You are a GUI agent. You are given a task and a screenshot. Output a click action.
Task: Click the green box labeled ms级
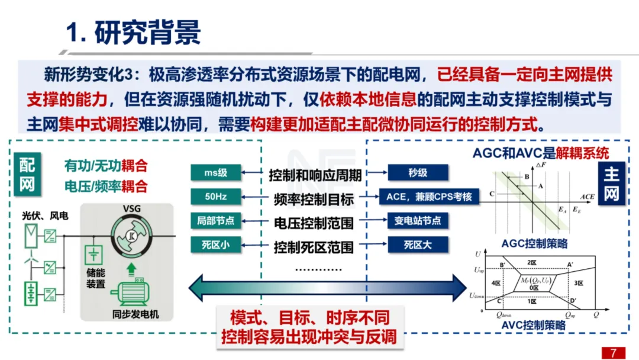point(216,173)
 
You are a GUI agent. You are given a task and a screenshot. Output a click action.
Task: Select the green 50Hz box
point(216,197)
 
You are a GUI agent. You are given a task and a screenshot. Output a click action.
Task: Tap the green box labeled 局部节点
point(216,221)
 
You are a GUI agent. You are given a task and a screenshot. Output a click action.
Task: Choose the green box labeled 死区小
point(216,245)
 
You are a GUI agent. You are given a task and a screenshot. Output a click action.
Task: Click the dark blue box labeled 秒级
point(418,173)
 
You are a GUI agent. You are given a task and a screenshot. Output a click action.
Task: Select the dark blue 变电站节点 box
point(418,221)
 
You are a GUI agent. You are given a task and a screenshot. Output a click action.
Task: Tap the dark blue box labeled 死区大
point(418,245)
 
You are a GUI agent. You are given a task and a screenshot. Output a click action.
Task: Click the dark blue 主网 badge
point(611,184)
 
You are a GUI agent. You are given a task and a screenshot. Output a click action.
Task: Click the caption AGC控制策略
point(534,243)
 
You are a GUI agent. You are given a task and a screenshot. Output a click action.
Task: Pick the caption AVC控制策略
point(534,325)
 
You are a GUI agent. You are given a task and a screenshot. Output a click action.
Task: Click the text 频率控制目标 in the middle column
point(314,199)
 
